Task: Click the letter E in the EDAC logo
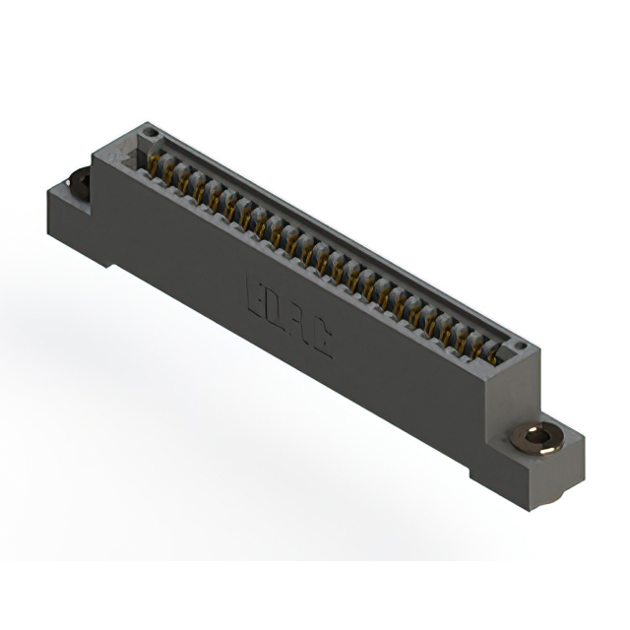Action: tap(253, 294)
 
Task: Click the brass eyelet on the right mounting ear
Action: tap(536, 437)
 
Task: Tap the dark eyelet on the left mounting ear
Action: tap(77, 183)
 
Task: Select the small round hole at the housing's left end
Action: tap(151, 132)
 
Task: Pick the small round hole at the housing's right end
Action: tap(519, 346)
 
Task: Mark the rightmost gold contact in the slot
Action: tap(492, 353)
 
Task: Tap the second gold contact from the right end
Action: tap(476, 345)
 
